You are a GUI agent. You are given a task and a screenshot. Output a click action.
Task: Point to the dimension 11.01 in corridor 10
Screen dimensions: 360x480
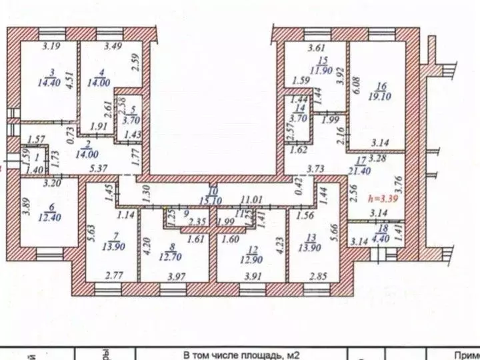tap(253, 199)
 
